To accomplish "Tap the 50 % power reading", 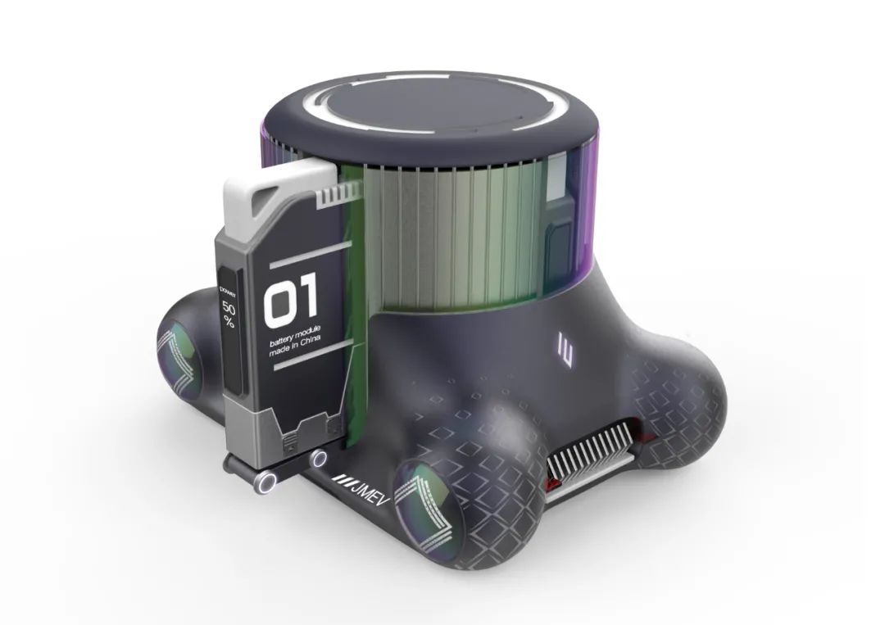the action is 229,315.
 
